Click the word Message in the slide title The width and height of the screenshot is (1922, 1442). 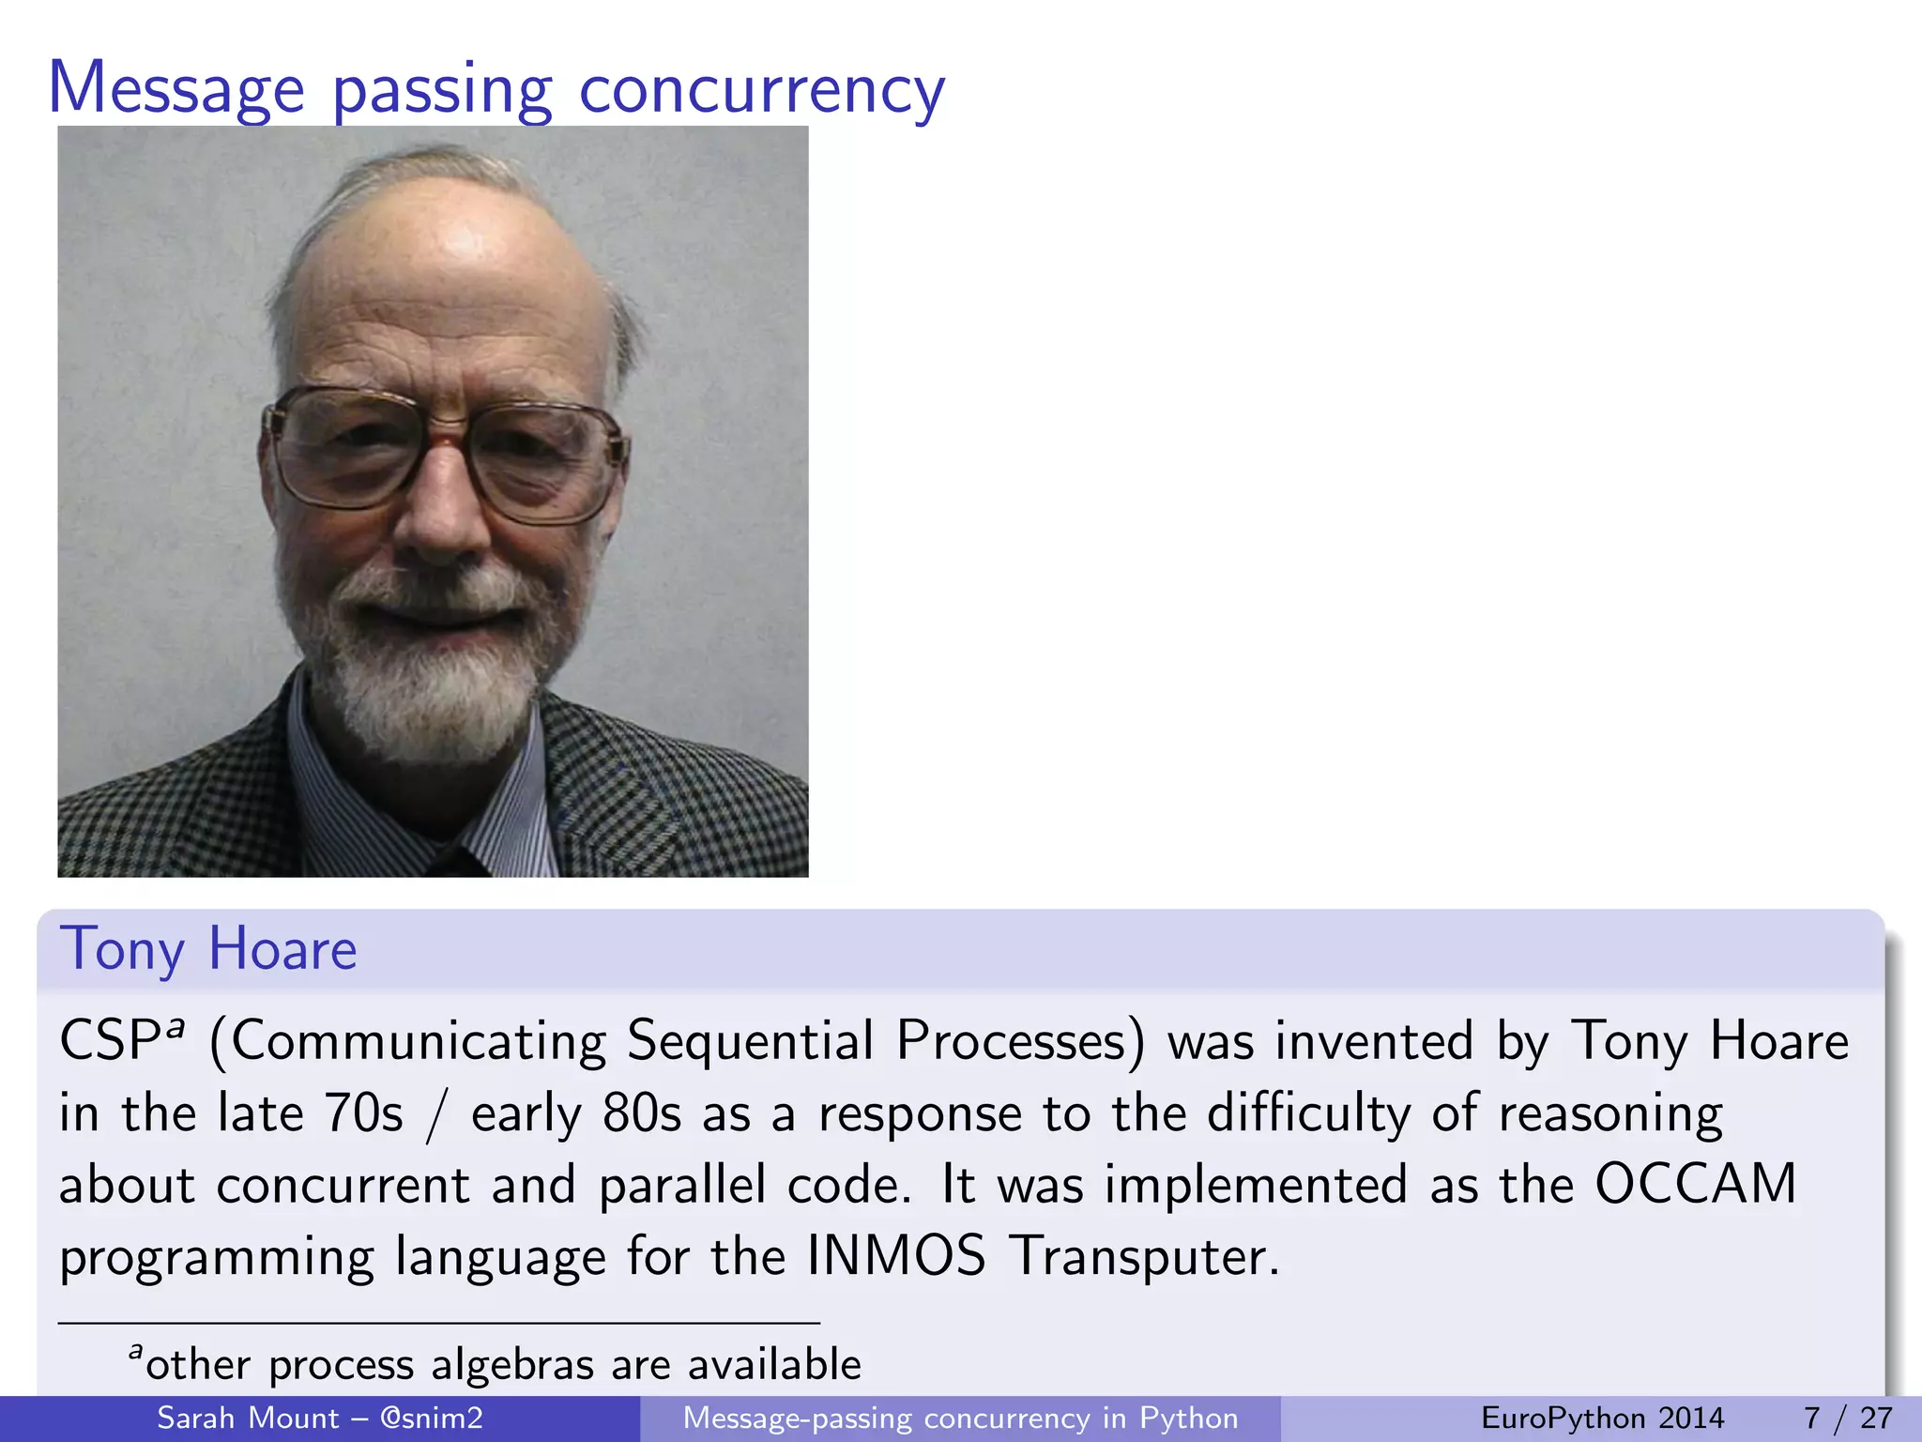pos(176,89)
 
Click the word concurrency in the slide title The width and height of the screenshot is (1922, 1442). pos(761,91)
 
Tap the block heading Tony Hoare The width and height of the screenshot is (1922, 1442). pos(208,949)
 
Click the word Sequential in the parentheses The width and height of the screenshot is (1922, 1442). pos(750,1042)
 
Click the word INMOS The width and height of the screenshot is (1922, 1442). pos(896,1256)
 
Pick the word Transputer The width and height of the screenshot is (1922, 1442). pos(1145,1256)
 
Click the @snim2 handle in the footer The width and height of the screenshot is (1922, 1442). pos(432,1418)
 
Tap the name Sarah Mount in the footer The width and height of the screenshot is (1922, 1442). pos(248,1418)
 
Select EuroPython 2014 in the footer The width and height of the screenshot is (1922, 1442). pos(1602,1418)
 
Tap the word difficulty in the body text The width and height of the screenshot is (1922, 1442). pos(1308,1113)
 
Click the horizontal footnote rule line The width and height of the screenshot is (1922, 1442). pos(439,1323)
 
